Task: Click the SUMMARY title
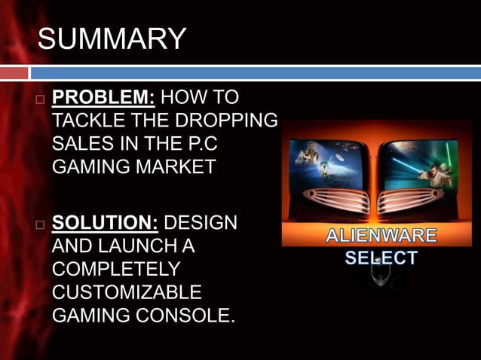pos(112,39)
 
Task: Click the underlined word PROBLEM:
pos(103,98)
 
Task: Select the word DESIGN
pos(200,224)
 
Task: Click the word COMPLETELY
pos(116,269)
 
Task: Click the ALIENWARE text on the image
pos(381,236)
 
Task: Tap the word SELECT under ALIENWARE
pos(381,258)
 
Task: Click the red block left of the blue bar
pos(14,73)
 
